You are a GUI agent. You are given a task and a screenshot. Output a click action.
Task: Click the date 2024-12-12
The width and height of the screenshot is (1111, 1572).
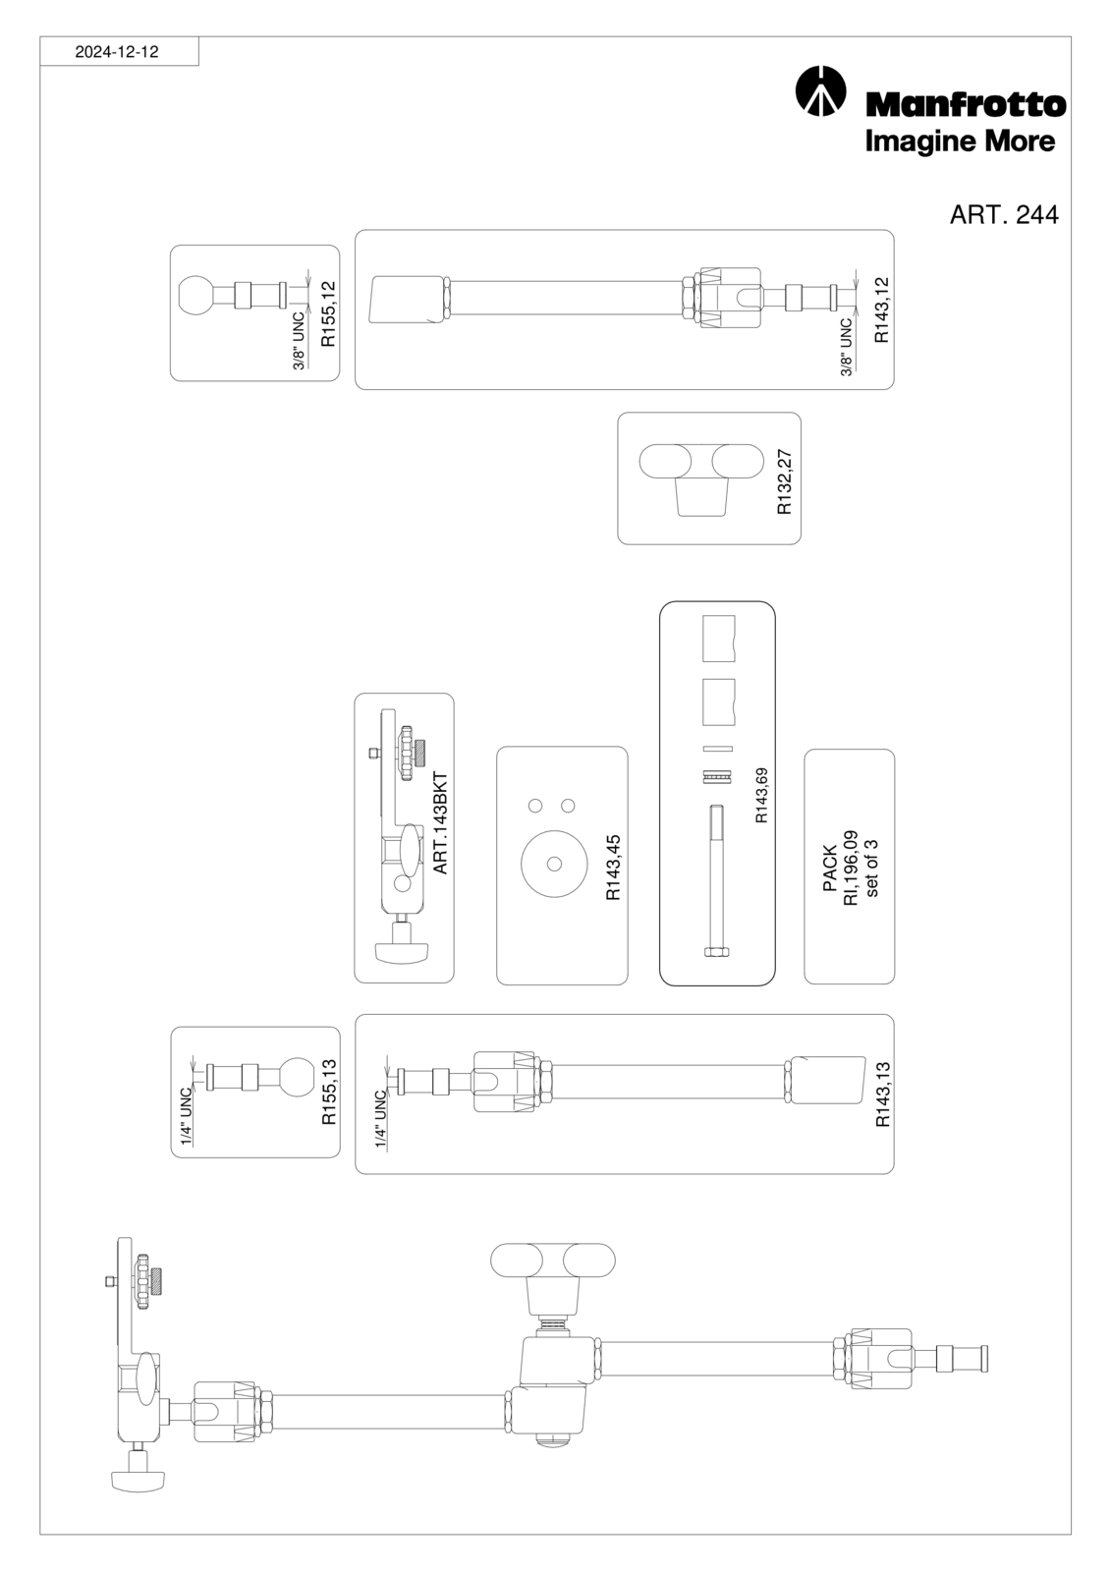117,52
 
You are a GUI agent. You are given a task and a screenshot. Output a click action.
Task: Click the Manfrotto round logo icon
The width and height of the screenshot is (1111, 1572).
820,90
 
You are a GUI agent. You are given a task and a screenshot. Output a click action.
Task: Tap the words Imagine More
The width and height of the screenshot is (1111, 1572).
960,141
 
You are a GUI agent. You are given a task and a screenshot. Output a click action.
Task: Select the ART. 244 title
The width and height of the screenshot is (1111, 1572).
1004,215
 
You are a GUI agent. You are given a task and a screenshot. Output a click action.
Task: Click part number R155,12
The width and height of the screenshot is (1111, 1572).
328,313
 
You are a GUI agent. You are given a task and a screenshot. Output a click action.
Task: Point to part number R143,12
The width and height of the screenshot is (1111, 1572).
881,309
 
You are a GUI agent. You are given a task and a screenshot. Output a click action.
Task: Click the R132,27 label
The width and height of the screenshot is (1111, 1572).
784,481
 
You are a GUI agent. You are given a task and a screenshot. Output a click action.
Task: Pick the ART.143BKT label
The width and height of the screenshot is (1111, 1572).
440,823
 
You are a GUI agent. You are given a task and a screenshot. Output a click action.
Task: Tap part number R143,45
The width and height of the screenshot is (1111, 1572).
613,868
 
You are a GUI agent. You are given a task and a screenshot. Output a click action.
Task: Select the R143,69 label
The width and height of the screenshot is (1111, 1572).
761,795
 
